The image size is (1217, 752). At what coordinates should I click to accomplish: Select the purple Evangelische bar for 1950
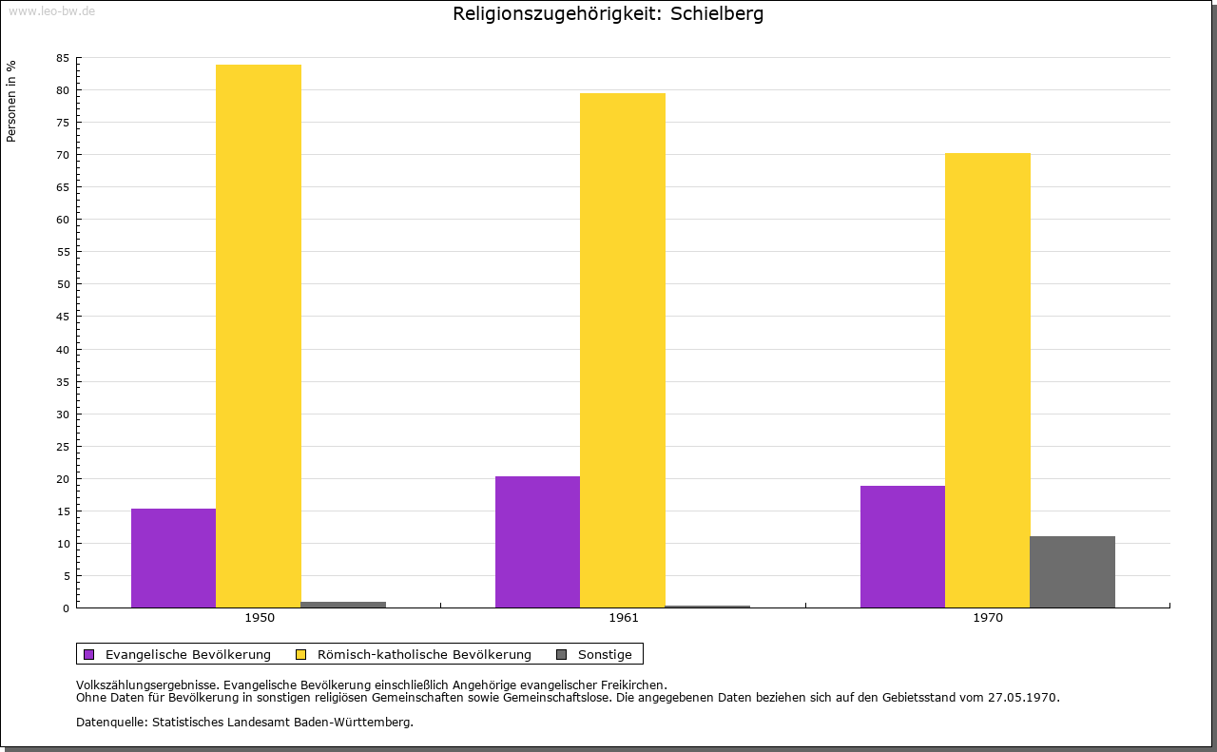coord(173,558)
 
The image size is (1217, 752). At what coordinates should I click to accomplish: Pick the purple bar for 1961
coord(537,542)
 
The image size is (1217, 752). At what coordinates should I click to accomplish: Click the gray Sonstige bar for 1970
coord(1072,571)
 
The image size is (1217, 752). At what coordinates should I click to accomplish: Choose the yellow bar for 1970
coord(987,380)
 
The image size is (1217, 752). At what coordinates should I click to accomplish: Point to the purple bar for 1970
coord(902,547)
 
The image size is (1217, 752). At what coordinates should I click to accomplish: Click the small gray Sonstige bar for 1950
coord(343,605)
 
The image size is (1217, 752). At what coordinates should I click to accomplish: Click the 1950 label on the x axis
coord(260,618)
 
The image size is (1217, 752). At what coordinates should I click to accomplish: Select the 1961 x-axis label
coord(624,618)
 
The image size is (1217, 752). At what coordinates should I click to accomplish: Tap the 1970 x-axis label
coord(988,618)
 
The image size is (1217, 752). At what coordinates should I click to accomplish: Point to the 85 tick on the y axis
coord(63,58)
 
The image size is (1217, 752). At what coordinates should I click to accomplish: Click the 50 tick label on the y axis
coord(63,284)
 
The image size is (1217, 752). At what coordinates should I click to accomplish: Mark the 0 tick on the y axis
coord(67,608)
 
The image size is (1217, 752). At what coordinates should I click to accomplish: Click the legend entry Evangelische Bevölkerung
coord(187,654)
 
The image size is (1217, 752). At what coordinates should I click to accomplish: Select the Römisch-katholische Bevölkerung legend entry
coord(424,654)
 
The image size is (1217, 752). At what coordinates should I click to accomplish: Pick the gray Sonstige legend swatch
coord(561,654)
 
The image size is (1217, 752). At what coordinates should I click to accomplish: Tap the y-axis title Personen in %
coord(11,101)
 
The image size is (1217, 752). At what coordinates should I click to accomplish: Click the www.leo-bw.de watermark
coord(51,9)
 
